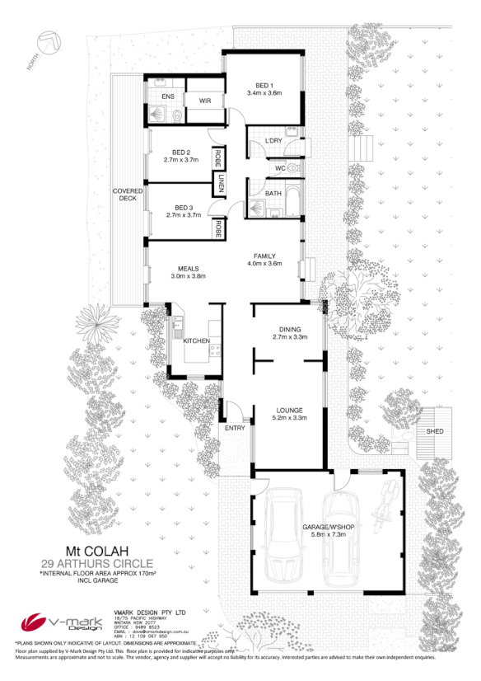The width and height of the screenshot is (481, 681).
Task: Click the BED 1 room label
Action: tap(264, 86)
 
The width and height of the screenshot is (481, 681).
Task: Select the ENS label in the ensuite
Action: tap(167, 96)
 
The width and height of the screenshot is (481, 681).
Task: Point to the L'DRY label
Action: tap(273, 142)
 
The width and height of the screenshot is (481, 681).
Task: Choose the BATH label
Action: tap(273, 194)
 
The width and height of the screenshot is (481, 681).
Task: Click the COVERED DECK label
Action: tap(128, 195)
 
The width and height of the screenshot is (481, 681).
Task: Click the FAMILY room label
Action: tap(264, 256)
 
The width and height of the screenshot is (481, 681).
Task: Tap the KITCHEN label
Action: tap(197, 340)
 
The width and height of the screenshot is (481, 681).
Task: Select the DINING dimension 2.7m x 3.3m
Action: tap(289, 336)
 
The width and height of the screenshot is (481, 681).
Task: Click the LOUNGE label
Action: tap(289, 410)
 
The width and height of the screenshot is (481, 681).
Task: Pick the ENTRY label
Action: tap(234, 428)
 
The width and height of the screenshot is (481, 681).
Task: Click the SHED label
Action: tap(434, 431)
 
